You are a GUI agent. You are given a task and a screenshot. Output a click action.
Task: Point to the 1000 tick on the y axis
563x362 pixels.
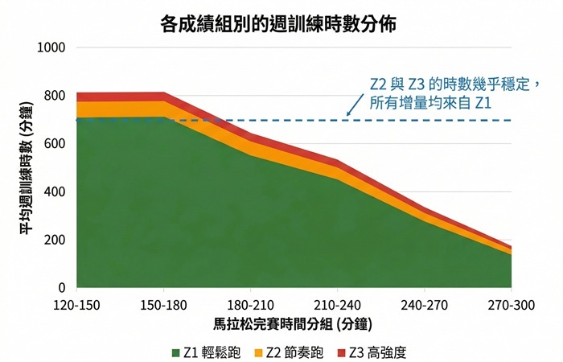pos(52,48)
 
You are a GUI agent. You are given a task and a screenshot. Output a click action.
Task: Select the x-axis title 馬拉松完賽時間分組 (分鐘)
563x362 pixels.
pos(294,325)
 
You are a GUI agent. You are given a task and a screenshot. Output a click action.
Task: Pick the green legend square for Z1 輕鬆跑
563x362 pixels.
pos(176,352)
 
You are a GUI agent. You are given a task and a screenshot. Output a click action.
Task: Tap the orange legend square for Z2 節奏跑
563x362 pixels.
pos(257,352)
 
